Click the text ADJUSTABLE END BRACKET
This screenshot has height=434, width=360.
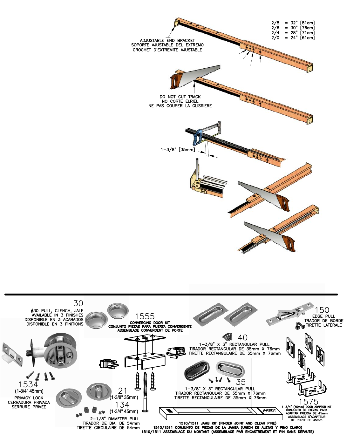click(167, 40)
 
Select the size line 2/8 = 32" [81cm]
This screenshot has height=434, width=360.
click(293, 23)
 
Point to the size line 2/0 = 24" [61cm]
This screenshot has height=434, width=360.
click(293, 38)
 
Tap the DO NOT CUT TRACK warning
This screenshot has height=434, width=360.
click(180, 97)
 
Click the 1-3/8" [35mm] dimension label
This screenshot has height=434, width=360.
click(178, 149)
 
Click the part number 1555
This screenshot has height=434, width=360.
click(145, 316)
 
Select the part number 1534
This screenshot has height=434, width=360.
click(28, 385)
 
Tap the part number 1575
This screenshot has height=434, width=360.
click(308, 402)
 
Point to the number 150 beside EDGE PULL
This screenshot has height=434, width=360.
click(322, 310)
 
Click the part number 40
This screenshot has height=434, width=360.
click(242, 338)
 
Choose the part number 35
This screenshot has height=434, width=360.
click(241, 382)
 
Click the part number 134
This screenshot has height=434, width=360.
click(122, 405)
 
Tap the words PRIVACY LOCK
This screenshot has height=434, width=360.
click(29, 398)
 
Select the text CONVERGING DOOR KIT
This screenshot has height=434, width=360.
click(150, 322)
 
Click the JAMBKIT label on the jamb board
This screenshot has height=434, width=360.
click(268, 410)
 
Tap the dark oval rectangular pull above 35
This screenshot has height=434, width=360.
click(197, 370)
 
